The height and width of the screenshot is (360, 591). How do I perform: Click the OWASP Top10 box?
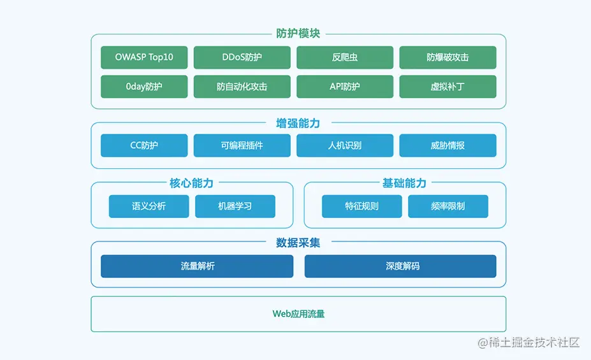pos(144,57)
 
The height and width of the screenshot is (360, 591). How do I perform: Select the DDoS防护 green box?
pos(242,57)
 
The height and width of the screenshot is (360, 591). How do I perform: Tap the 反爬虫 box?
pos(344,57)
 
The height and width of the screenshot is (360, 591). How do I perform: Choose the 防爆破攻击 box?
pos(448,57)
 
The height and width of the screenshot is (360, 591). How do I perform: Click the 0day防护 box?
pos(144,87)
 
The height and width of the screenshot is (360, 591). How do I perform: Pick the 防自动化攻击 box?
pos(242,87)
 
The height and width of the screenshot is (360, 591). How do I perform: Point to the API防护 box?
pos(344,87)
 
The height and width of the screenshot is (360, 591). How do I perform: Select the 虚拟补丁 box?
pos(448,87)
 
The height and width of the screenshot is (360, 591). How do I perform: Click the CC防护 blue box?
pos(144,145)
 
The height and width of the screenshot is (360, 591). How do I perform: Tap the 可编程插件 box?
pos(242,145)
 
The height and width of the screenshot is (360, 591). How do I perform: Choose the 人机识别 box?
pos(344,145)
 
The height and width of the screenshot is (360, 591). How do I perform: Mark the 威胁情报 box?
pos(448,145)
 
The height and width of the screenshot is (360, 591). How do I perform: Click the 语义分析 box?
pos(149,206)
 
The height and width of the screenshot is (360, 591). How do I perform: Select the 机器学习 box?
pos(235,206)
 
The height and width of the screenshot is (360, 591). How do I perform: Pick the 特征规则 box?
pos(361,206)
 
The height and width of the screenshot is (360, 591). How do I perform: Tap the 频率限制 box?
pos(448,206)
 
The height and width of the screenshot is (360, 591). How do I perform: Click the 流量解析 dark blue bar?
pos(197,266)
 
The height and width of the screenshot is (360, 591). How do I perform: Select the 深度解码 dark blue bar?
pos(400,266)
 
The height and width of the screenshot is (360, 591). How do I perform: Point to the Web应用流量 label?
pos(298,314)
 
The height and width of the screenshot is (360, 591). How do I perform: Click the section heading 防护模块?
pos(298,34)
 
